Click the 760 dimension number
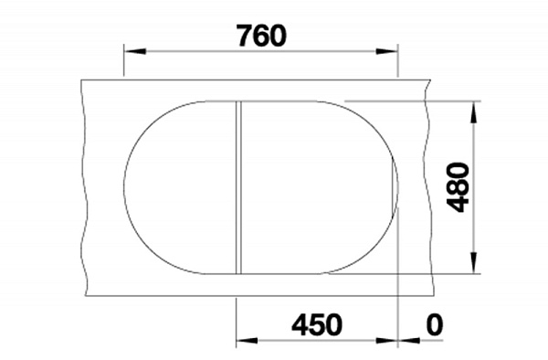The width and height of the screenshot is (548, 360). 262,36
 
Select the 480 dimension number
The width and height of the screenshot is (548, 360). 458,187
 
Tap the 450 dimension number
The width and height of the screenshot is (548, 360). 317,324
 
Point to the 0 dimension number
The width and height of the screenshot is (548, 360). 435,324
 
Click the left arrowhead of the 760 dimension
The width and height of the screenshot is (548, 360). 135,51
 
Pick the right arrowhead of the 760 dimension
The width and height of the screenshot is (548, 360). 387,51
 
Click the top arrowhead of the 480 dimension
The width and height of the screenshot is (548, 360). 473,112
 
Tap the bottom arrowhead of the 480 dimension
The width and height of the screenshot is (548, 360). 473,262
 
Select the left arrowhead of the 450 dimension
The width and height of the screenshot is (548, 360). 248,340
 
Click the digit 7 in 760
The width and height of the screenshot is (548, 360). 245,36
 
